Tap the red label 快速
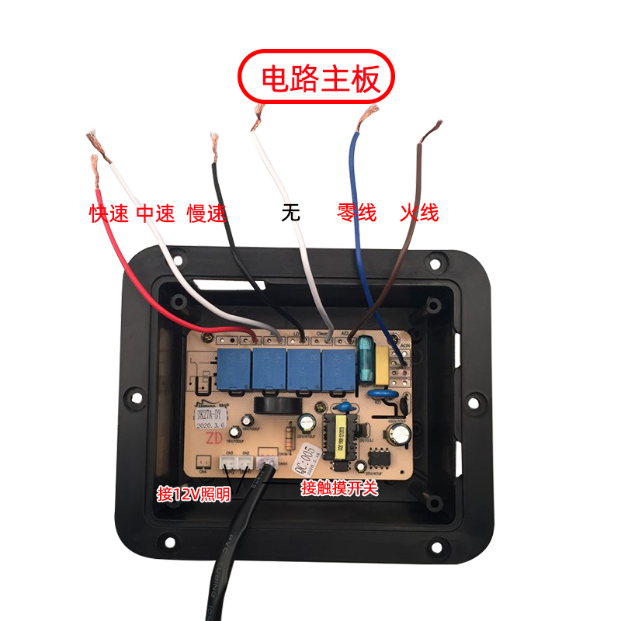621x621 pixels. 109,213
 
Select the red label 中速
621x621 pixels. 156,213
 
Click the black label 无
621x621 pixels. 291,213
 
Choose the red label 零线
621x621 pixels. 356,212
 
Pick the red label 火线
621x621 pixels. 419,212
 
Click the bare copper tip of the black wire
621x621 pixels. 213,145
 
